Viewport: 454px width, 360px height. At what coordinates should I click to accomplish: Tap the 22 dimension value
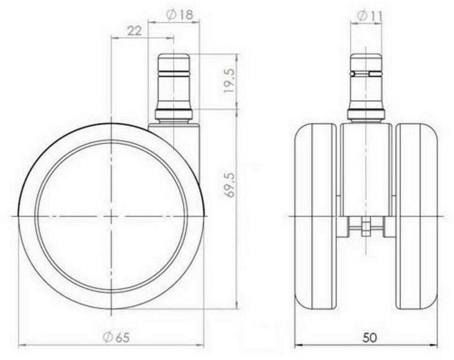coord(134,31)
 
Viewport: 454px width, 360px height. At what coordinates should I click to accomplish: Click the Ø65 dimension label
coord(117,337)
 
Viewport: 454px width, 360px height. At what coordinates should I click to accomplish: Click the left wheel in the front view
coord(316,217)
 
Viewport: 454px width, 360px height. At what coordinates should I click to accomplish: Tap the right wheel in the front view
coord(417,217)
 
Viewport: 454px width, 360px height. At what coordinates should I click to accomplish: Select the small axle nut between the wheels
coord(366,226)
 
